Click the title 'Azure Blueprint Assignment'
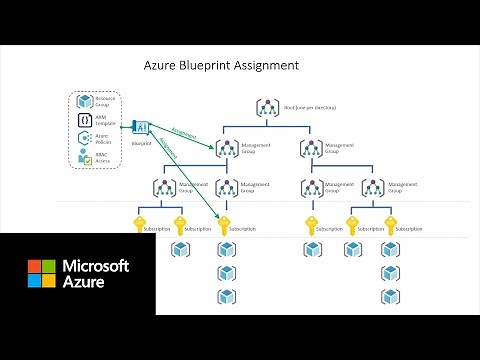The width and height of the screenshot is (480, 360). point(221,66)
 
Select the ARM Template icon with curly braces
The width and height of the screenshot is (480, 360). point(86,120)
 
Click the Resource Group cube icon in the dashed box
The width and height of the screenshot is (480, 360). point(86,102)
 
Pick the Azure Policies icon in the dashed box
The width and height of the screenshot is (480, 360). point(86,139)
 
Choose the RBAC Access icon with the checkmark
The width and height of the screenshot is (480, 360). point(86,158)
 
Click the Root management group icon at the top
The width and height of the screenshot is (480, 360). point(268,107)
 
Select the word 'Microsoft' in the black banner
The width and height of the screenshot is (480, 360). point(96,266)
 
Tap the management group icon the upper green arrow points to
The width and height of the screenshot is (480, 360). point(225,148)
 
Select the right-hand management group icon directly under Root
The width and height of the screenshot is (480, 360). point(311,148)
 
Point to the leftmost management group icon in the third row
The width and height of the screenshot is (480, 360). point(160,187)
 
